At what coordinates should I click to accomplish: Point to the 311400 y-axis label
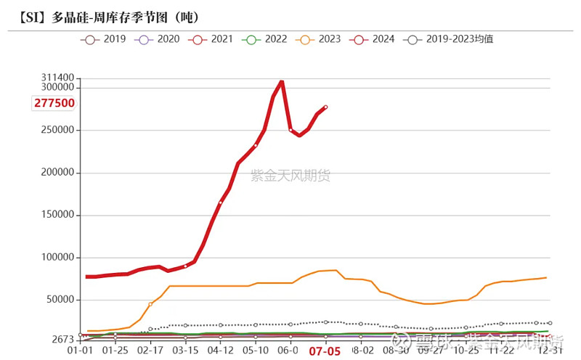(59, 78)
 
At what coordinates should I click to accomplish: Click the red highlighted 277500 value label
(54, 103)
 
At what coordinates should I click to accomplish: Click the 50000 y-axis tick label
(59, 300)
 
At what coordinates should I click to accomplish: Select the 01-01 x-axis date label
(80, 351)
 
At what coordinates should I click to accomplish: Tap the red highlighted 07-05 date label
(325, 351)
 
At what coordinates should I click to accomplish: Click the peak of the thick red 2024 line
(282, 81)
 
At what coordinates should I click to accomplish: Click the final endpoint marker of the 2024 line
(325, 107)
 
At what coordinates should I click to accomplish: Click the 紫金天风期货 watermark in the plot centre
(290, 175)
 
